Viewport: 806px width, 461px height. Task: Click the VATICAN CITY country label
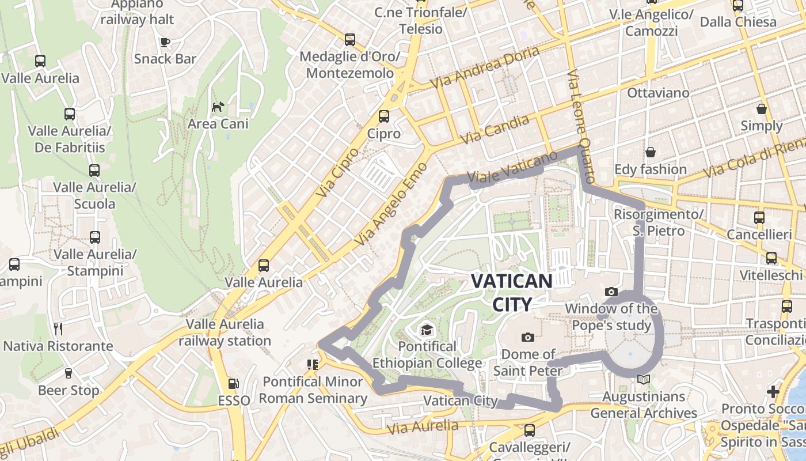pos(511,292)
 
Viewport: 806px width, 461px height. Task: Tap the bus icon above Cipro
pos(384,116)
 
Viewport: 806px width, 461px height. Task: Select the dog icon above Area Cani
pos(218,107)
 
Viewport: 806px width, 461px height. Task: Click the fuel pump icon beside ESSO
pos(234,383)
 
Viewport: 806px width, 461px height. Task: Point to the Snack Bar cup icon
pos(165,41)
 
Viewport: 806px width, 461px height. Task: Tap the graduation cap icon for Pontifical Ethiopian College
pos(427,329)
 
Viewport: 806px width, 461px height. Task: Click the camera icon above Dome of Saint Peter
pos(527,337)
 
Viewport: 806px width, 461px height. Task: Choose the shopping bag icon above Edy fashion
pos(651,152)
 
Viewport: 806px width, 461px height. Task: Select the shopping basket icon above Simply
pos(762,109)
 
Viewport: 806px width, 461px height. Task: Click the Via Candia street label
pos(495,130)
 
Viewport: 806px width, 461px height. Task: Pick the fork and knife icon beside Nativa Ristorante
pos(58,329)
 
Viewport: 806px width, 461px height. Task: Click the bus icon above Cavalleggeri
pos(529,430)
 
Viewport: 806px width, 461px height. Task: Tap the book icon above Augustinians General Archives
pos(644,380)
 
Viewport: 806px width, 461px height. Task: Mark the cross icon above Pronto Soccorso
pos(773,392)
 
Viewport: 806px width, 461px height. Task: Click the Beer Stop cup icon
pos(69,373)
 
